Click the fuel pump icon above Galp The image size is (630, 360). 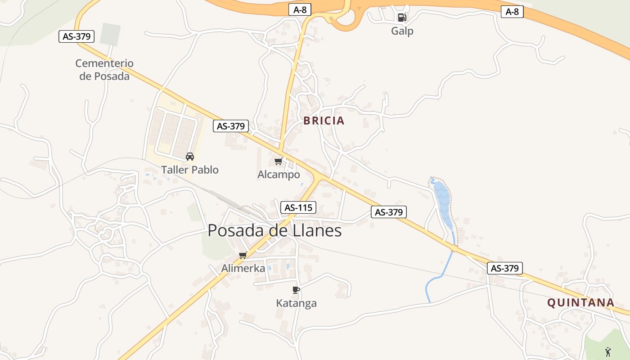click(x=402, y=18)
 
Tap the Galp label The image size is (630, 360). click(x=402, y=31)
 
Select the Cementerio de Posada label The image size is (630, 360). click(x=104, y=70)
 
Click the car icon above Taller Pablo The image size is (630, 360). click(x=190, y=157)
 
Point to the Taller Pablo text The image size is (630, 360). click(x=190, y=170)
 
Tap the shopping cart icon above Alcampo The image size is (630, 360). click(x=279, y=161)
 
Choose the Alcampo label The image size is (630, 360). click(x=279, y=175)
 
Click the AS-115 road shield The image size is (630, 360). click(x=298, y=207)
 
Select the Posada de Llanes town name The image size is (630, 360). click(x=274, y=231)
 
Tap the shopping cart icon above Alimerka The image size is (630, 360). click(x=243, y=255)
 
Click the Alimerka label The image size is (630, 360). click(x=243, y=268)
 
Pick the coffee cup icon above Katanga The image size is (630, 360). click(x=296, y=290)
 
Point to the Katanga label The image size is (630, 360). click(x=296, y=303)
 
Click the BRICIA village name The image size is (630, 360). click(x=324, y=121)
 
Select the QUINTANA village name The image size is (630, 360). click(x=580, y=302)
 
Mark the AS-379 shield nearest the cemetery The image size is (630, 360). click(x=76, y=36)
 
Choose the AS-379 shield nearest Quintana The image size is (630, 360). click(x=505, y=269)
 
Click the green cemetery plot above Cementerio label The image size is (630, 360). click(x=110, y=34)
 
